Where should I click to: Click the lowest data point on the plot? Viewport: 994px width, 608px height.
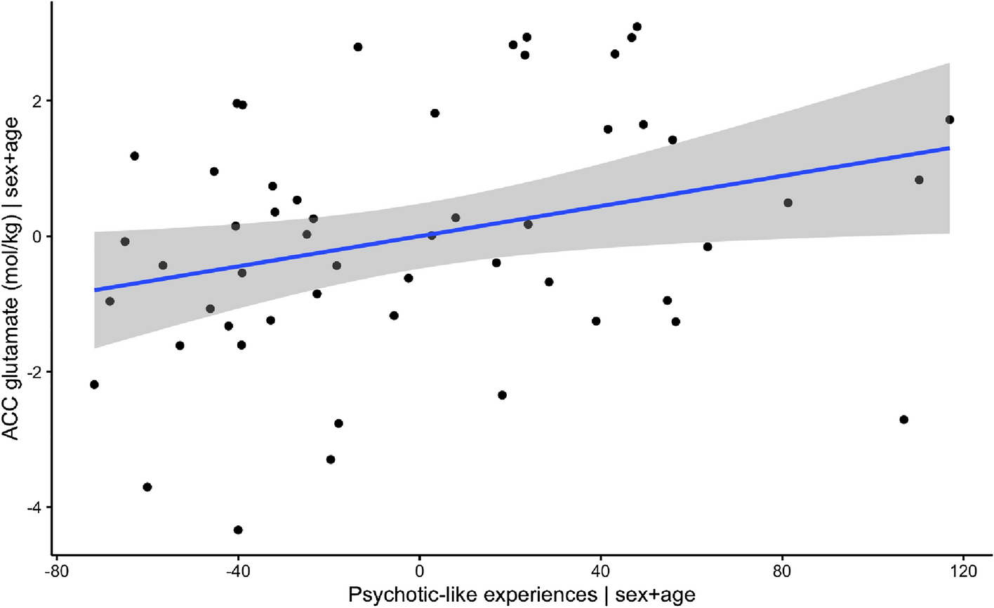tap(238, 529)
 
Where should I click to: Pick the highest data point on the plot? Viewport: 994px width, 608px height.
tap(637, 27)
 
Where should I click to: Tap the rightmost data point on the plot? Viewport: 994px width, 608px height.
tap(950, 119)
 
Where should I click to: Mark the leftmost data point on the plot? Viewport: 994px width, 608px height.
tap(94, 384)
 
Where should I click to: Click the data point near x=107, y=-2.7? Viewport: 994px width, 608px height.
tap(903, 419)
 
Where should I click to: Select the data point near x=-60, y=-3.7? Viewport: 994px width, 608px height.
tap(147, 487)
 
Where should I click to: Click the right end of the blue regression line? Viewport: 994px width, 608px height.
tap(949, 148)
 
